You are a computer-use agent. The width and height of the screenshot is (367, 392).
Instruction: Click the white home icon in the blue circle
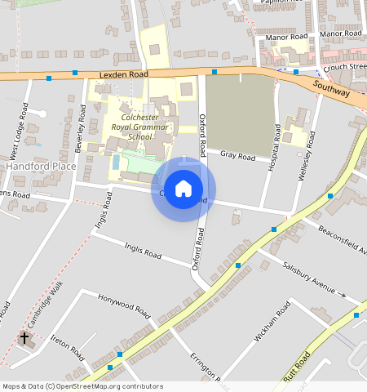tap(183, 189)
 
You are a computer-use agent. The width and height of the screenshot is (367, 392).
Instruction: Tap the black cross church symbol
tap(24, 337)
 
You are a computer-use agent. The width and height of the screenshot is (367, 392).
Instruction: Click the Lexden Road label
tap(123, 74)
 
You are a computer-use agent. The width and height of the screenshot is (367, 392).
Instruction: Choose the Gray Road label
tap(237, 155)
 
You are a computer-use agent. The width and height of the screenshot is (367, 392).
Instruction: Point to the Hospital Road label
tap(276, 144)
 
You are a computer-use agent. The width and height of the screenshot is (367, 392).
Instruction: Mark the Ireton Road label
tap(68, 346)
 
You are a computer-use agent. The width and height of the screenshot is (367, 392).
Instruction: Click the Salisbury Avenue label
tap(309, 279)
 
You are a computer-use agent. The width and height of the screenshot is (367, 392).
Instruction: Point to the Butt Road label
tap(296, 368)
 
